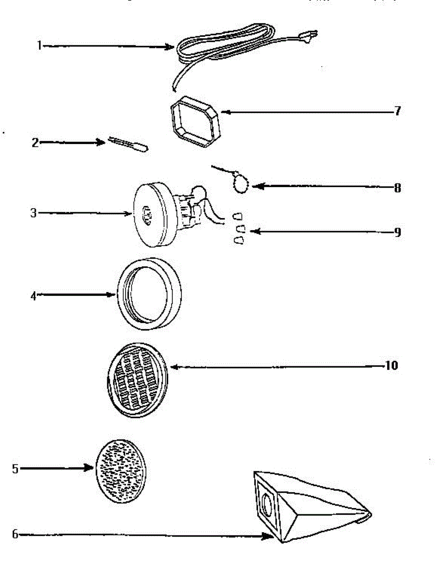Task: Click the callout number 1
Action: point(39,46)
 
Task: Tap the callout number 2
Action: point(35,143)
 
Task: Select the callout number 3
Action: point(33,213)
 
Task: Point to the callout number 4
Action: point(33,296)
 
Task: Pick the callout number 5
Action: point(15,468)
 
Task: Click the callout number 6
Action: point(15,535)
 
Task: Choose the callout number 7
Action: point(397,111)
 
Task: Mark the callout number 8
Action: point(397,188)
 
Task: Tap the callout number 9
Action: point(397,232)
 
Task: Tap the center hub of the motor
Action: point(147,214)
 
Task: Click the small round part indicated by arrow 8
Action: point(240,185)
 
